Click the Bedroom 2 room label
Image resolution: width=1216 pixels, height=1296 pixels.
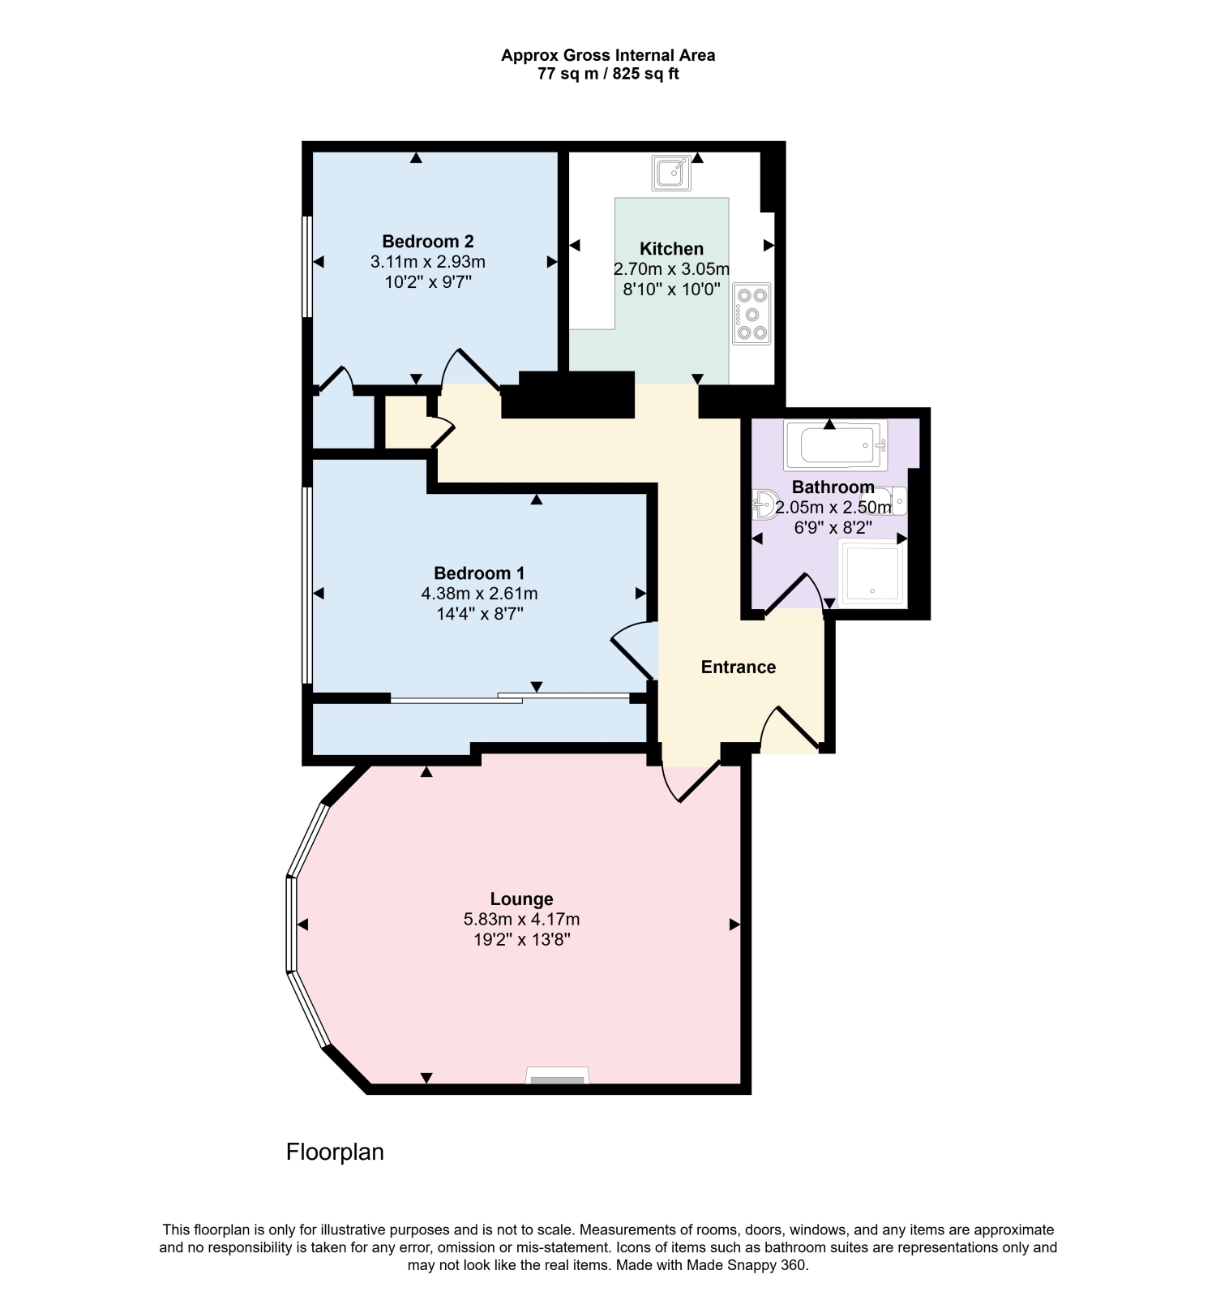[x=428, y=241]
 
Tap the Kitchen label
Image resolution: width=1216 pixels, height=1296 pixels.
[x=671, y=248]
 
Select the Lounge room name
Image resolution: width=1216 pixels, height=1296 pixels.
[x=521, y=899]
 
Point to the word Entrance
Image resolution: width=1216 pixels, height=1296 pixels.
[x=739, y=667]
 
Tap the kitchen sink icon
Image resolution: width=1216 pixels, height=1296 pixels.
[x=673, y=173]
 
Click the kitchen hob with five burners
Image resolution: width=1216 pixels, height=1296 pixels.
[x=751, y=314]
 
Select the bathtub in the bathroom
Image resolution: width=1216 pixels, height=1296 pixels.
[x=836, y=444]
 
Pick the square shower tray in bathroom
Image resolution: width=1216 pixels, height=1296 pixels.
[x=872, y=573]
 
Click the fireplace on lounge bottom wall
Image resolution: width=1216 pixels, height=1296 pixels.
[x=557, y=1075]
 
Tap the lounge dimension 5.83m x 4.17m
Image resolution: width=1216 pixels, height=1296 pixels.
[x=521, y=920]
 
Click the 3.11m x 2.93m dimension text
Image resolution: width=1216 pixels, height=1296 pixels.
[x=428, y=262]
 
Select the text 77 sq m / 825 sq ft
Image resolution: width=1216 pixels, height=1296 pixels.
[x=608, y=74]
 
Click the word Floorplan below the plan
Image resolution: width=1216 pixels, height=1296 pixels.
[x=335, y=1152]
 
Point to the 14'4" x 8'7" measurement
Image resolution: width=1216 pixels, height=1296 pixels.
[x=479, y=614]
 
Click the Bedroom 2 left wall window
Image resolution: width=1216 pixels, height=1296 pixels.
[x=307, y=266]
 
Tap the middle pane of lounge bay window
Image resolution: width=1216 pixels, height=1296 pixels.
[x=291, y=924]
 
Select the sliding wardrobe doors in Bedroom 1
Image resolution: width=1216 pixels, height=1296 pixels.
[x=511, y=697]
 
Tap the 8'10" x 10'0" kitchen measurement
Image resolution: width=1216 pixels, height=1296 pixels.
[x=671, y=290]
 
